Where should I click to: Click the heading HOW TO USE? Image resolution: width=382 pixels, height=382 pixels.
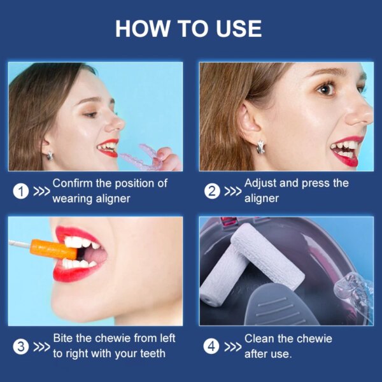[x=188, y=29]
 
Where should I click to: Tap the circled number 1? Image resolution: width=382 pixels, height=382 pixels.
[x=21, y=190]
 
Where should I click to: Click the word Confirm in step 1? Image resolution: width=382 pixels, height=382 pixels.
[x=73, y=183]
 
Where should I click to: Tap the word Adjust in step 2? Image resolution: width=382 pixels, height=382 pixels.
[x=261, y=183]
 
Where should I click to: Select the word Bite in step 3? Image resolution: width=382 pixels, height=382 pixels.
[x=64, y=338]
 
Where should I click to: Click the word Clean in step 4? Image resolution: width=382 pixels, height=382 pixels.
[x=260, y=338]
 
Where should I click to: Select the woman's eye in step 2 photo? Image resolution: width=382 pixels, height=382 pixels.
[x=326, y=89]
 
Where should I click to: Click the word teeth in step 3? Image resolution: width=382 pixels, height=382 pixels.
[x=151, y=353]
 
